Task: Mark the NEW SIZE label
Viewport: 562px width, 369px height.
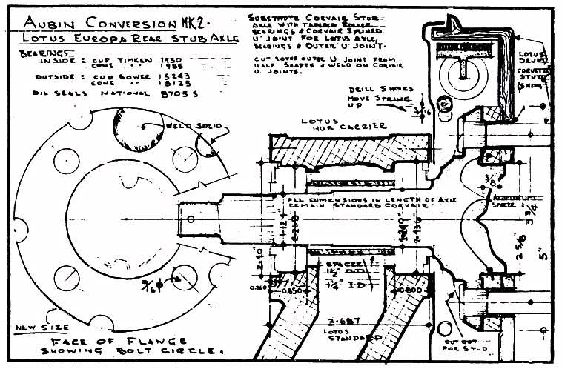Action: [x=30, y=327]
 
